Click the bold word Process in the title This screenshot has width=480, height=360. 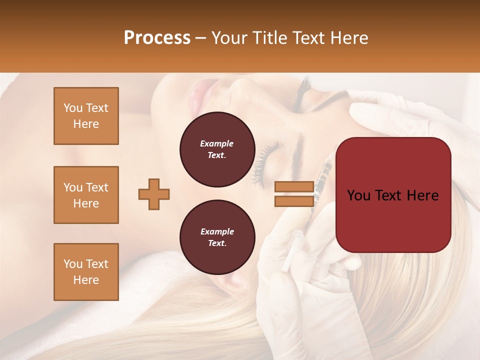[x=157, y=38]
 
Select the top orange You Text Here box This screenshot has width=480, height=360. [x=86, y=116]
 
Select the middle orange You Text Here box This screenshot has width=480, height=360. [x=86, y=195]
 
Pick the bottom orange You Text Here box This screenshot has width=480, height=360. [x=86, y=272]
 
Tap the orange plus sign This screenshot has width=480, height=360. [x=154, y=194]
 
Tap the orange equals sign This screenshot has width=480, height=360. [x=294, y=194]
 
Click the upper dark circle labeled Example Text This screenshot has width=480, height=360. [x=217, y=149]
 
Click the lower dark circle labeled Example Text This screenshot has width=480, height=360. [x=217, y=237]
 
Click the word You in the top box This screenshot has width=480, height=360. [x=72, y=108]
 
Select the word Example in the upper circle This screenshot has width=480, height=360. [x=217, y=143]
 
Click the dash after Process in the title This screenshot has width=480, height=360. [x=201, y=38]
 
